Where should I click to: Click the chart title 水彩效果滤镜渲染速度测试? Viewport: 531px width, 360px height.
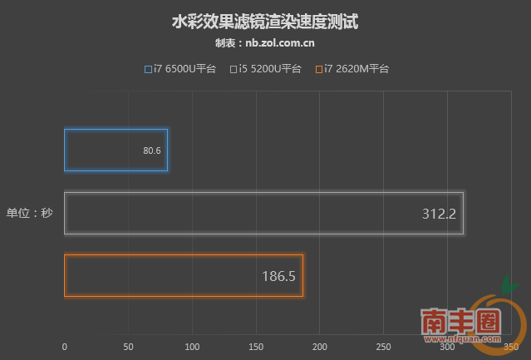point(264,21)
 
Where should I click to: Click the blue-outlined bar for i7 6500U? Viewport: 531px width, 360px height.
point(116,150)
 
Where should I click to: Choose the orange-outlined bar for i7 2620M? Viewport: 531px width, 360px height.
point(184,276)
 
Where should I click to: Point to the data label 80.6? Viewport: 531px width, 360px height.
point(151,150)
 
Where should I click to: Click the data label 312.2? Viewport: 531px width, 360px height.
point(440,214)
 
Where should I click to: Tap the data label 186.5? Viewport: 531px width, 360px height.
point(279,276)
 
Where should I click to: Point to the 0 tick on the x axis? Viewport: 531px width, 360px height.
point(65,346)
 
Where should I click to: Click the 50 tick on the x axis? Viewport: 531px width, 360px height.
point(128,346)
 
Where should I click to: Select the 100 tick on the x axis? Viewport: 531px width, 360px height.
point(192,346)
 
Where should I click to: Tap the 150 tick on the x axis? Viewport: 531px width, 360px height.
point(256,346)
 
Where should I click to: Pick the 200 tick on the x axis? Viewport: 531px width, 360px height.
point(320,346)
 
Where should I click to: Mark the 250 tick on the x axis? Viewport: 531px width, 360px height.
point(383,346)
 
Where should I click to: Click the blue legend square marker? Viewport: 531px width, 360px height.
point(148,69)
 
